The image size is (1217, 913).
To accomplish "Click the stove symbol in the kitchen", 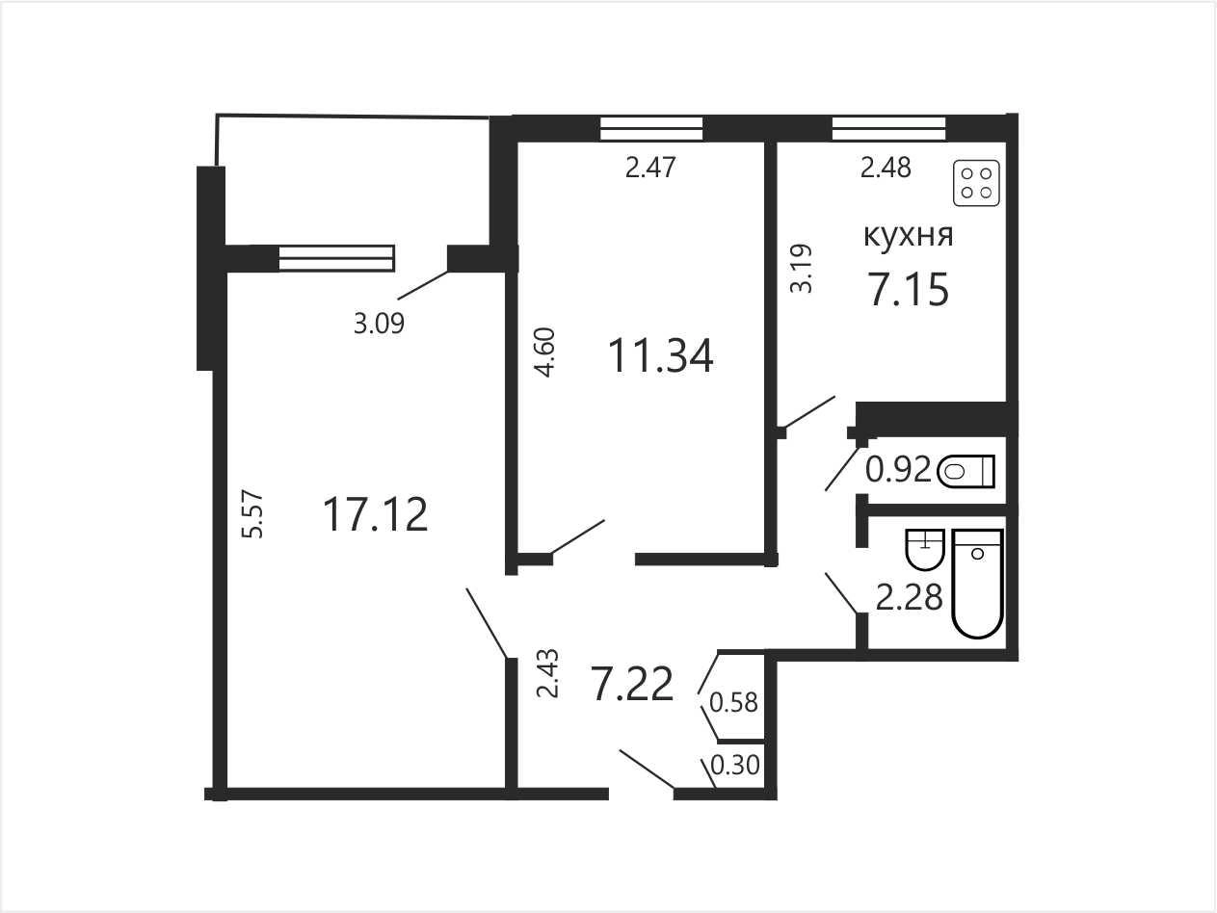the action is click(x=976, y=183).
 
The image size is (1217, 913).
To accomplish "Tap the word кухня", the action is click(x=909, y=236).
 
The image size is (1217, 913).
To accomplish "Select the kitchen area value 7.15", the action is click(x=909, y=289).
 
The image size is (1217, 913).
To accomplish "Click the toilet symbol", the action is click(x=966, y=472).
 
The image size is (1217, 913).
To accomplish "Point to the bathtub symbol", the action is click(x=979, y=584).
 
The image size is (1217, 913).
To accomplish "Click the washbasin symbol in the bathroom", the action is click(x=924, y=549).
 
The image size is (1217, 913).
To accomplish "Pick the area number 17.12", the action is click(x=376, y=514).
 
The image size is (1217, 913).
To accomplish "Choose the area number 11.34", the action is click(x=661, y=356).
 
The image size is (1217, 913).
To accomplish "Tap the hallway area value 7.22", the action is click(x=633, y=684).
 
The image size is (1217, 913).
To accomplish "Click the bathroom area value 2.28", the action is click(x=909, y=597).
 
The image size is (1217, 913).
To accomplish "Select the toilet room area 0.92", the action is click(x=898, y=471).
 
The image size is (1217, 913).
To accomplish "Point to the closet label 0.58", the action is click(x=733, y=702).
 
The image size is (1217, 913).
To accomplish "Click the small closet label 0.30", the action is click(x=734, y=765).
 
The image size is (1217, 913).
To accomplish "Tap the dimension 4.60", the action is click(x=545, y=352).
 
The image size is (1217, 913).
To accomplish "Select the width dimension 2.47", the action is click(x=650, y=168).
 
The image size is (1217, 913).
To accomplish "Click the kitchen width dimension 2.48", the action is click(x=886, y=168).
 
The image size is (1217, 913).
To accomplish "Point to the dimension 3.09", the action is click(x=380, y=323).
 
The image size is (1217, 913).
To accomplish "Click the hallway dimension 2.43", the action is click(x=548, y=673).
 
